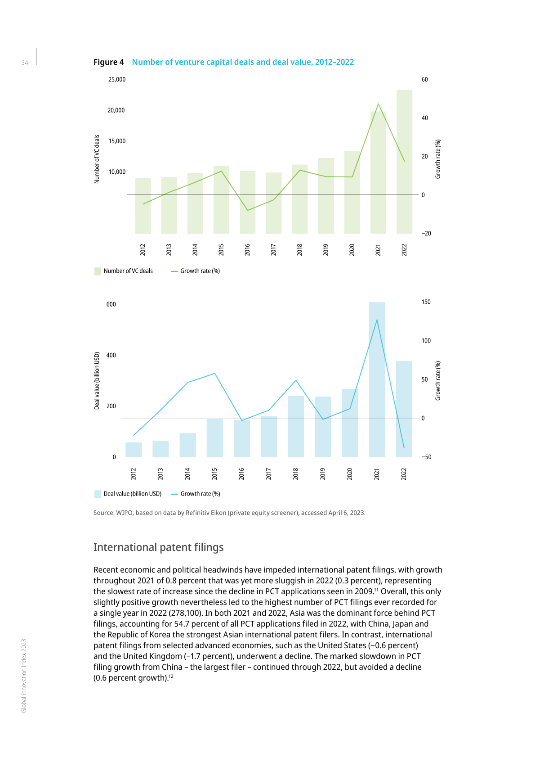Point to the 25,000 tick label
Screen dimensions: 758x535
117,80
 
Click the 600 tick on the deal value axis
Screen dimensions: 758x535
111,304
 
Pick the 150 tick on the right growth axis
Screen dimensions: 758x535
426,302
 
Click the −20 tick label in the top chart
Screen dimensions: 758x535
426,233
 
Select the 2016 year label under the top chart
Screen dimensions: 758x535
247,250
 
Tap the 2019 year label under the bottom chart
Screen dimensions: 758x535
323,474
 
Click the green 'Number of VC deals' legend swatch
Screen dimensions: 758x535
98,271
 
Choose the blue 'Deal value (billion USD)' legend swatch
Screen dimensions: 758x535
98,494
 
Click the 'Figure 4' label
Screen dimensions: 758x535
108,62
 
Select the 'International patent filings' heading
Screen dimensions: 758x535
158,547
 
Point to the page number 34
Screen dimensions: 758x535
25,63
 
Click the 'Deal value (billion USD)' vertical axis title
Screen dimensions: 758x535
97,381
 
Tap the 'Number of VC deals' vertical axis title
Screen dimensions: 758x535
97,159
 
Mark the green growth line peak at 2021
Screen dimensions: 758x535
378,104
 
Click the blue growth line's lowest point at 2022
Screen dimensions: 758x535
404,447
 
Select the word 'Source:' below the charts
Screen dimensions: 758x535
103,513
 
